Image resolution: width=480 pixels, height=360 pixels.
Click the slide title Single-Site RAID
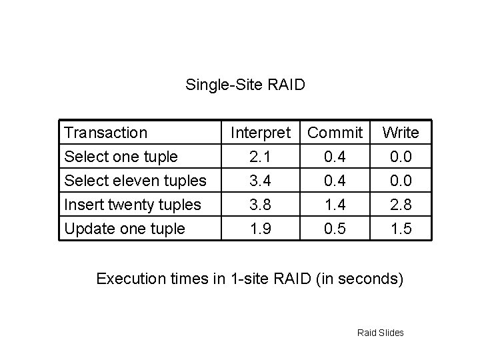coord(245,85)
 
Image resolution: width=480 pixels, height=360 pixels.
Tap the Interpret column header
coord(261,133)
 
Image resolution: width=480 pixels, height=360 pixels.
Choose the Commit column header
coord(336,133)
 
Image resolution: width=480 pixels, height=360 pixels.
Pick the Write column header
coord(401,133)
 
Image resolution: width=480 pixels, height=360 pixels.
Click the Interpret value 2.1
coord(261,157)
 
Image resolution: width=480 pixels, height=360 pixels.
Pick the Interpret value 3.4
coord(261,181)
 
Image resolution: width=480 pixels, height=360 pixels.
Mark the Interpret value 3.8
coord(261,205)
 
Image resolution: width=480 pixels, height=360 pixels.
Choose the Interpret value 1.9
coord(261,229)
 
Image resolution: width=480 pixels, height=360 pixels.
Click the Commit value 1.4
coord(336,205)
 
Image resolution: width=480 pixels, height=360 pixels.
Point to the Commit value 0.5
coord(336,229)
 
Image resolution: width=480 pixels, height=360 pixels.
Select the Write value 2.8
coord(401,205)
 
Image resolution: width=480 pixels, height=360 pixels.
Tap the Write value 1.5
coord(401,229)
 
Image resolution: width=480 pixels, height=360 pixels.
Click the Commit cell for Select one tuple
coord(336,157)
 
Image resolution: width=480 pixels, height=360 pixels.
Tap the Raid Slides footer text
coord(381,332)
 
